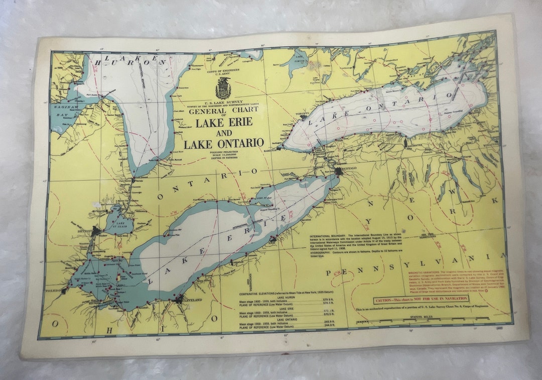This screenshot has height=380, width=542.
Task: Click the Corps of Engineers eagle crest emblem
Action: coord(223,88)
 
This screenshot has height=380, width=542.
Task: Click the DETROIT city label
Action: coord(83,231)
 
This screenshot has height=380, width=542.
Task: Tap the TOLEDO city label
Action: coord(49,291)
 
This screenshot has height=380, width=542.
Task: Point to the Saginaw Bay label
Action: coord(63,112)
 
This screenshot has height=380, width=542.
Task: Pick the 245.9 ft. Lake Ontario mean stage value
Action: coord(329,322)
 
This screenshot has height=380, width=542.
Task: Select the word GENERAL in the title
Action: coord(207,111)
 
